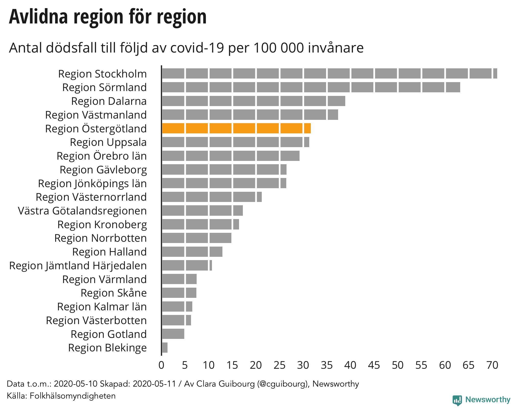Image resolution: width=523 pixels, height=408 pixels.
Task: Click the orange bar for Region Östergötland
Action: [x=236, y=128]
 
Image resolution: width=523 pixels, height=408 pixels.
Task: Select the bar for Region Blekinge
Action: [x=165, y=348]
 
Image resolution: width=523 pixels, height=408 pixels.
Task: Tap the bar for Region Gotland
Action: [x=173, y=334]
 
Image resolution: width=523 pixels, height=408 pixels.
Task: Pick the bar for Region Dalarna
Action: [x=253, y=101]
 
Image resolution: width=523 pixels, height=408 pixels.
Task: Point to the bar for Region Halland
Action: [x=192, y=252]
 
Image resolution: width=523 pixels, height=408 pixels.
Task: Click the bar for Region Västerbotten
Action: [x=176, y=320]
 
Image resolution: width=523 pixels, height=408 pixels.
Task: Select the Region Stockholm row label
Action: [x=102, y=74]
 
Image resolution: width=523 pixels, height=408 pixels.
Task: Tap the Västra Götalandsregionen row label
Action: [x=82, y=211]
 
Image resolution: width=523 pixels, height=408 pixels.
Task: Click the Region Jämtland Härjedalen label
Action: [x=78, y=266]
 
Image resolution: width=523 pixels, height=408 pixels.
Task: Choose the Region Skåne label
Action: [x=114, y=293]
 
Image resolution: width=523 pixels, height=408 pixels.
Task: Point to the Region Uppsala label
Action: [x=108, y=142]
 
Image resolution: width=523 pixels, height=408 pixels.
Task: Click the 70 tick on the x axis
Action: [x=492, y=365]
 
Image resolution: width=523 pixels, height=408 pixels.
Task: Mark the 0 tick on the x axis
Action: [x=161, y=365]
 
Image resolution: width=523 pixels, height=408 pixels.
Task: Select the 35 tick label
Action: [x=327, y=365]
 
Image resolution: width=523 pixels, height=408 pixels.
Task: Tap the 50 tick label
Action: [x=398, y=365]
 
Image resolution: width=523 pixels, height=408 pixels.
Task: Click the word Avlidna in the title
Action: [x=39, y=17]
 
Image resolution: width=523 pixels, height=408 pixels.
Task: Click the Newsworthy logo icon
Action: [x=457, y=400]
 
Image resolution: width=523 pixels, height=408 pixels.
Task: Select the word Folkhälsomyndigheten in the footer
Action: [x=73, y=396]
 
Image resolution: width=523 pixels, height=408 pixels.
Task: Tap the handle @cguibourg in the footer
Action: [x=282, y=384]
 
